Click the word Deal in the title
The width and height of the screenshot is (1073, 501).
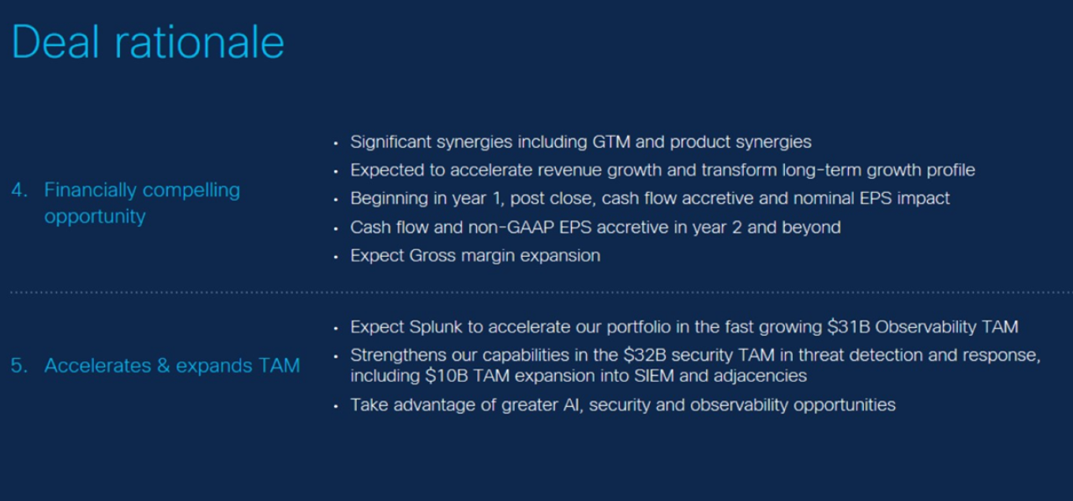click(x=55, y=42)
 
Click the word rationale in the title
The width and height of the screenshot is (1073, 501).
click(x=199, y=42)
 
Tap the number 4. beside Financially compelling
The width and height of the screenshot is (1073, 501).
click(x=19, y=190)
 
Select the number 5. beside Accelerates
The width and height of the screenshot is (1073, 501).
click(x=19, y=365)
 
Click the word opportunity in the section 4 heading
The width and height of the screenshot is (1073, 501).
click(x=95, y=217)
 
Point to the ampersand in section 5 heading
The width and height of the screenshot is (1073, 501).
click(x=164, y=365)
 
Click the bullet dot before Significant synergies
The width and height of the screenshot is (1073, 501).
click(x=336, y=144)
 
